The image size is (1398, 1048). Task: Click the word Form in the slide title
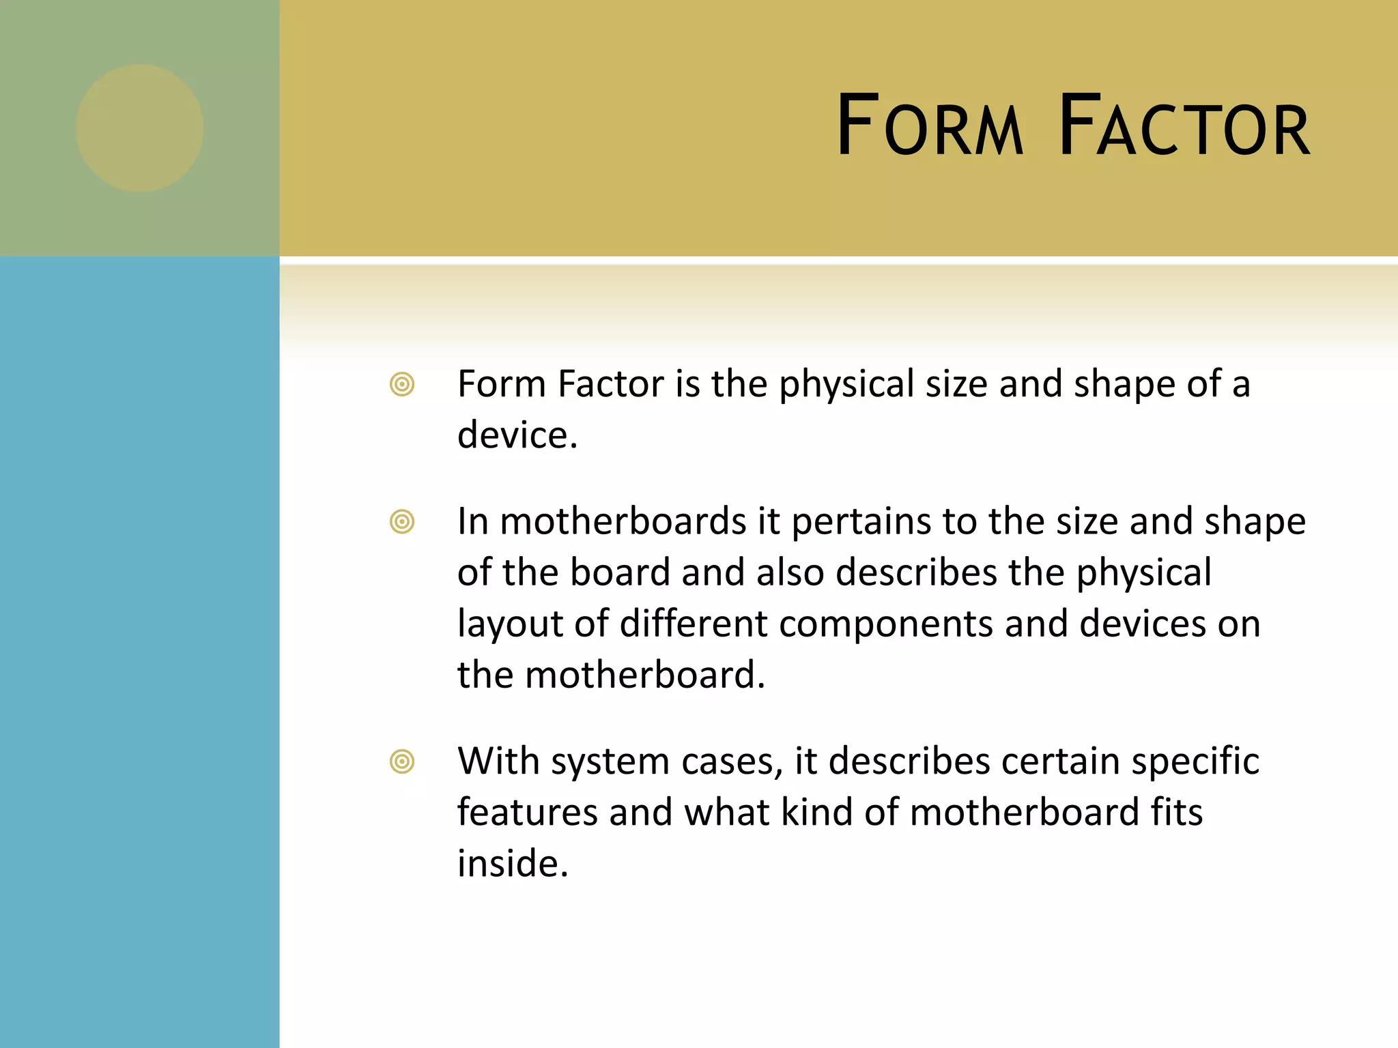coord(930,127)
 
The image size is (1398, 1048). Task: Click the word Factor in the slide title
coord(1184,127)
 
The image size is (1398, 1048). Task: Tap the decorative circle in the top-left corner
coord(140,128)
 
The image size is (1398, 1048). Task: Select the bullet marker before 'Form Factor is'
coord(402,384)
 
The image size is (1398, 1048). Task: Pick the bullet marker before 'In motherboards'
coord(402,522)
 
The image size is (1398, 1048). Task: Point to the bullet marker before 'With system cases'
coord(402,761)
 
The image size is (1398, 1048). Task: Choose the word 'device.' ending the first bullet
coord(517,435)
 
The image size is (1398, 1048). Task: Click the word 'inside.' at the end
coord(513,864)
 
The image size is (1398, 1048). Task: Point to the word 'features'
coord(527,813)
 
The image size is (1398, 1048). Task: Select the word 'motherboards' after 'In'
coord(623,523)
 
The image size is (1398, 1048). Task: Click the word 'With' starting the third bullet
coord(498,761)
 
